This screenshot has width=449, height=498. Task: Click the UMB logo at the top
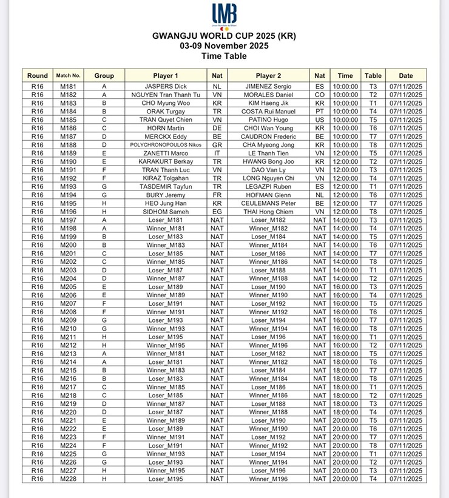tap(224, 16)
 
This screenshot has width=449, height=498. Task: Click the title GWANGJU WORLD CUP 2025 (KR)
tap(224, 36)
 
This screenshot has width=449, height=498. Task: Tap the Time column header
tap(345, 76)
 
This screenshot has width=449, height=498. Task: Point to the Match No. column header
tap(68, 76)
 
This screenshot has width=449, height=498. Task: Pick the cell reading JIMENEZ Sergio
tap(268, 87)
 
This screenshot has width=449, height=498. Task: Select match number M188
tap(68, 145)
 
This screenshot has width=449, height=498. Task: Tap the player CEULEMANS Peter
tap(268, 203)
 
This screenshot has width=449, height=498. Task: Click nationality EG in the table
tap(217, 212)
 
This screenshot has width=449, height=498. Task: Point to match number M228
tap(68, 479)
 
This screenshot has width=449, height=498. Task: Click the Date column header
tap(406, 76)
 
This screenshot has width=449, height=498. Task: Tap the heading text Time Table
tap(224, 56)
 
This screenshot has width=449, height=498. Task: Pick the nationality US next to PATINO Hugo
tap(320, 120)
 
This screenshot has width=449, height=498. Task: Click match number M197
tap(68, 220)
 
